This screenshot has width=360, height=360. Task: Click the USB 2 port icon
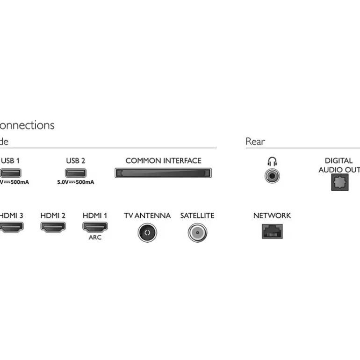coord(75,173)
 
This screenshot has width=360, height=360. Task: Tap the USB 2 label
coord(75,161)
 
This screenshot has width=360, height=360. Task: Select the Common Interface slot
coord(163,173)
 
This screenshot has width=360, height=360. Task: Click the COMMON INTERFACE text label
coord(163,161)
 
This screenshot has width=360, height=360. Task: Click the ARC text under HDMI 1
coord(95,238)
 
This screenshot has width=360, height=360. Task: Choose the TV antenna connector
coord(147,232)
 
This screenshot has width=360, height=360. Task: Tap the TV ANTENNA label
coord(147,216)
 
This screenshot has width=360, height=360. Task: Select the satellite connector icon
coord(197,232)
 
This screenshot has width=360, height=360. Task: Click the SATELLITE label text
coord(197,216)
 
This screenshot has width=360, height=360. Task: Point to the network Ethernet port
coord(272,230)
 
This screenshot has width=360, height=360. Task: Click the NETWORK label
coord(272,216)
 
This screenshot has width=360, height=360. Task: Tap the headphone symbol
coord(272,162)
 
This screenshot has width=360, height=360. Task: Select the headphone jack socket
coord(272,176)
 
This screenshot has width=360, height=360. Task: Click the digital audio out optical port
coord(339,182)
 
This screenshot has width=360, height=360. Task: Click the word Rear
coord(255,141)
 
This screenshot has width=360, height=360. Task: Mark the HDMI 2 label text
coord(53,216)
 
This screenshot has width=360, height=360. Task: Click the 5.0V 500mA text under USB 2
coord(75,182)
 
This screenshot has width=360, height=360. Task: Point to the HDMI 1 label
coord(95,216)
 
